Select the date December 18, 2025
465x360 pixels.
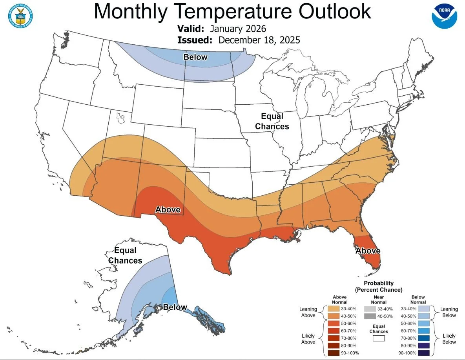point(259,40)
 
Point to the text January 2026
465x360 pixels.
point(238,29)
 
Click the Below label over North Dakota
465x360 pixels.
point(195,57)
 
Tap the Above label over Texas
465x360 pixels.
point(168,209)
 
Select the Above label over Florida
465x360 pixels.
point(368,251)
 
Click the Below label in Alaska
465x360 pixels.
point(175,307)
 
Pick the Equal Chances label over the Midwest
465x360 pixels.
point(272,122)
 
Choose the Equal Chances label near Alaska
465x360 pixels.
point(125,255)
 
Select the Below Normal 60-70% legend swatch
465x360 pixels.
point(424,331)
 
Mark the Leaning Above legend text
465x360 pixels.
point(308,312)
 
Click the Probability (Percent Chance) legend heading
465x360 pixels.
point(379,286)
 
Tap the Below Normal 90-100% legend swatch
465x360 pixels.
point(424,353)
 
